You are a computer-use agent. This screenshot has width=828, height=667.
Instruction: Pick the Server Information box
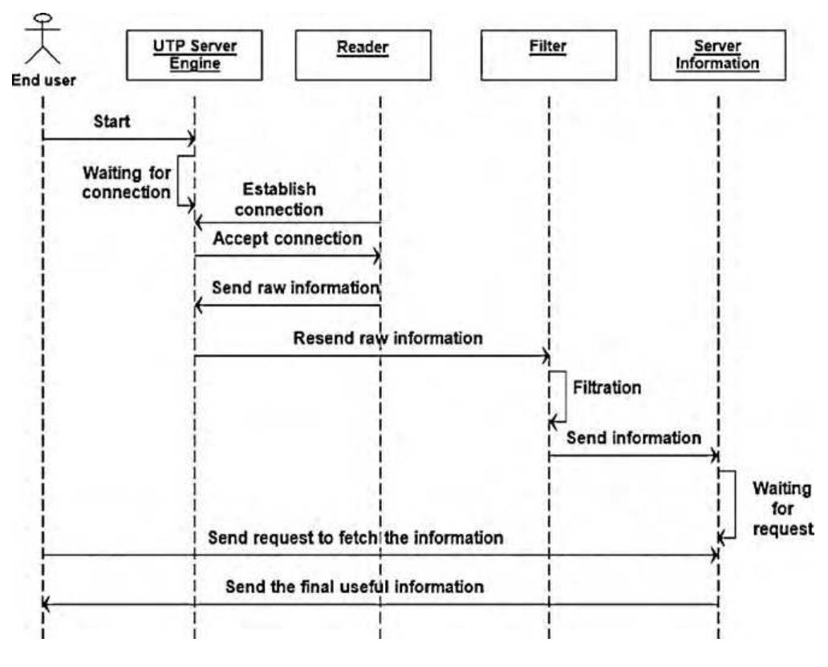(718, 55)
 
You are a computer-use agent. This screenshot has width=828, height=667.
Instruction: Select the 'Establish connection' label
(279, 200)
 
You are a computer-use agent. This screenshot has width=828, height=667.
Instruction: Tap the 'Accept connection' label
(287, 238)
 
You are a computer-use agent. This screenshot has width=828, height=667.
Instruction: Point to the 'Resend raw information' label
(388, 338)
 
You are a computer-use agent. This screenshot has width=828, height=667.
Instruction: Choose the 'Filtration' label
(607, 388)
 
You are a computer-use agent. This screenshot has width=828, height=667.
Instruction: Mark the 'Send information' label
(634, 438)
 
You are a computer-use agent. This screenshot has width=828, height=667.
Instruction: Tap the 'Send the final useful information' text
(355, 586)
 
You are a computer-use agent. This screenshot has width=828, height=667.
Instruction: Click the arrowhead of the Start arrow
(191, 139)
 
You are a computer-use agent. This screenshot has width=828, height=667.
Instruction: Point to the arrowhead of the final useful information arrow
(46, 605)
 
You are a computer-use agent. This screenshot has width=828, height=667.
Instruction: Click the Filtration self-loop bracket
(560, 397)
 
